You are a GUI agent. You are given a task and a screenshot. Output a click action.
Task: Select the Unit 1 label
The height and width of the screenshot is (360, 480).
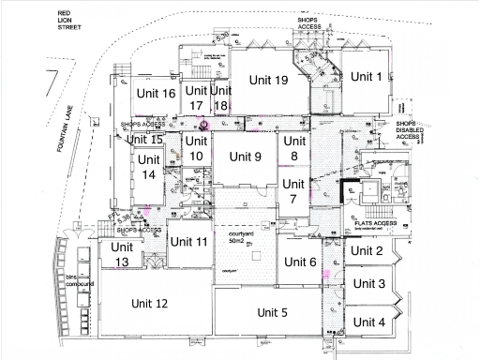(367, 77)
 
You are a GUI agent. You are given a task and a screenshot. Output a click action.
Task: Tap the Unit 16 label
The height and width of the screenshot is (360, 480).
(156, 93)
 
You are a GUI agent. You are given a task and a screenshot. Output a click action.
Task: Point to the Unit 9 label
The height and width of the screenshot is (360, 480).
(244, 157)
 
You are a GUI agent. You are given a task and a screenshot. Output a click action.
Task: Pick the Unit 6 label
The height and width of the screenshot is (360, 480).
(300, 262)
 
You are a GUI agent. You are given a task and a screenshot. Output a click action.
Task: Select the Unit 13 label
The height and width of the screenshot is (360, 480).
(122, 254)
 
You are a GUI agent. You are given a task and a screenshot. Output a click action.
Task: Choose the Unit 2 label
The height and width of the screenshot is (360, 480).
(367, 250)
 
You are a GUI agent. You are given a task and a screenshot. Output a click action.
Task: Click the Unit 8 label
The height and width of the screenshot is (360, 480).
(293, 148)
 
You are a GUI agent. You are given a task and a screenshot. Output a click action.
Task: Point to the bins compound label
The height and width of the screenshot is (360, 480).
(67, 281)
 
